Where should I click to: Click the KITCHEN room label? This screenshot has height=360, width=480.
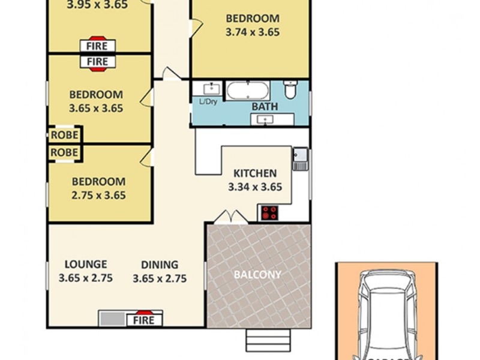click(x=255, y=173)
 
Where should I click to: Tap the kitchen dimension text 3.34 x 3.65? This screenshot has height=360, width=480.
click(x=255, y=187)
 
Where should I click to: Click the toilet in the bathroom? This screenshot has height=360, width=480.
click(x=290, y=90)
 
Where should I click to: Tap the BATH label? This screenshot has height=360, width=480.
click(x=265, y=107)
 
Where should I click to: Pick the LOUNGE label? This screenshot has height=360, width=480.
click(x=86, y=264)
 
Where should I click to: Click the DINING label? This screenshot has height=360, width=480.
click(x=160, y=264)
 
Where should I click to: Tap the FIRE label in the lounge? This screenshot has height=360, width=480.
click(x=143, y=320)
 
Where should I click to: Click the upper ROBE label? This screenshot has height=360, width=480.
click(x=64, y=134)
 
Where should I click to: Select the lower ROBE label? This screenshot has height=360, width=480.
click(x=64, y=152)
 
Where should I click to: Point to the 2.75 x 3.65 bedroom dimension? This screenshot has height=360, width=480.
click(x=99, y=195)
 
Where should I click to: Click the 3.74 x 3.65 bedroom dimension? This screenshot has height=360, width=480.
click(x=253, y=32)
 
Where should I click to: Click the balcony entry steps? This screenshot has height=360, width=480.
click(x=268, y=340)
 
